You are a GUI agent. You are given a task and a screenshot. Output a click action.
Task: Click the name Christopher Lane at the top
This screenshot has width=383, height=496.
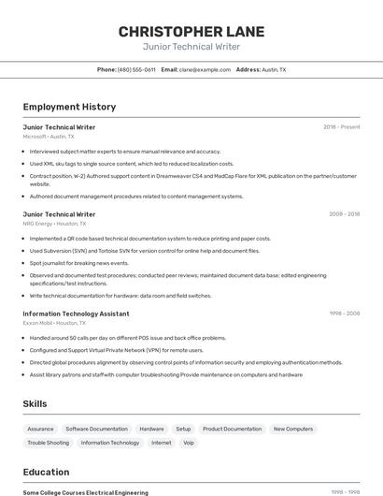[191, 32]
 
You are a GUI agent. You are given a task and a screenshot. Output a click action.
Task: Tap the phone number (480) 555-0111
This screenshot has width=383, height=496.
[136, 69]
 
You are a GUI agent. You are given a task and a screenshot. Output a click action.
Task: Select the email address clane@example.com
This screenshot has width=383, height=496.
[205, 69]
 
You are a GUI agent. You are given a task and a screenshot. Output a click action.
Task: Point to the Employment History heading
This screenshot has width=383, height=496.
[69, 108]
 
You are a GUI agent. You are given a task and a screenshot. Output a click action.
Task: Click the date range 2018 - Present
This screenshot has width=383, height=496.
[342, 127]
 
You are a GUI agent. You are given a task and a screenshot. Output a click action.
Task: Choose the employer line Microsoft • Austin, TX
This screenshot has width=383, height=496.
[49, 137]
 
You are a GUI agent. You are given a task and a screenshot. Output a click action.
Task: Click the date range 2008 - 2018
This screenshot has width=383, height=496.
[344, 214]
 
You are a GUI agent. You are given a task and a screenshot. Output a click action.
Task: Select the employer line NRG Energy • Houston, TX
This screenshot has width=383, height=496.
[54, 224]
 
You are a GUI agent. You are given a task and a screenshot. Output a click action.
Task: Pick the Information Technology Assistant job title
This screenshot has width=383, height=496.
[77, 314]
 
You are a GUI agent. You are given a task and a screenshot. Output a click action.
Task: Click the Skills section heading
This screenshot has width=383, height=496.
[35, 403]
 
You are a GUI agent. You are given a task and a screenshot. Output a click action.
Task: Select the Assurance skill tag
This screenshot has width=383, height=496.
[40, 429]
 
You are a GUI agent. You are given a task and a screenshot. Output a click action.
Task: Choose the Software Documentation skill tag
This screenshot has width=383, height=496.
[96, 429]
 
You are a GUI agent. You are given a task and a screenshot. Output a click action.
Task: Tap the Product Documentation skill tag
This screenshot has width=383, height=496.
[232, 429]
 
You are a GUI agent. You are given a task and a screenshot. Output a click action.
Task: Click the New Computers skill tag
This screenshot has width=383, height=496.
[293, 429]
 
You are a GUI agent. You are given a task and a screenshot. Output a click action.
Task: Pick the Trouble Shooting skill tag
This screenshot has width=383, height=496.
[48, 443]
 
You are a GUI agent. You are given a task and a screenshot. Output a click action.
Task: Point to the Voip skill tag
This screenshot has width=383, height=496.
[189, 443]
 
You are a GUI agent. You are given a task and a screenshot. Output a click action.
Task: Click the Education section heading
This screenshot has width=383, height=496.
[46, 473]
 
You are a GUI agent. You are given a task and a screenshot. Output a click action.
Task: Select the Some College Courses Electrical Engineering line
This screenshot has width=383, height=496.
[85, 492]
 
